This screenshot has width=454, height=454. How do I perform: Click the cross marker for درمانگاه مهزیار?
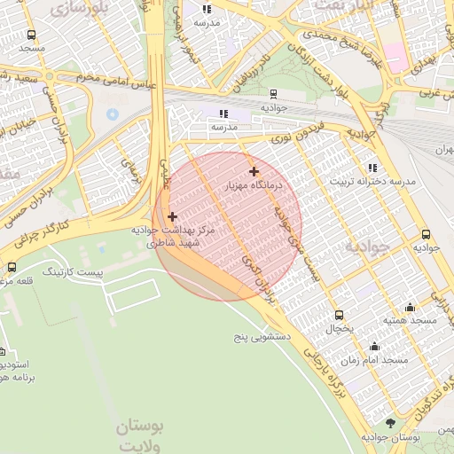coord(254,171)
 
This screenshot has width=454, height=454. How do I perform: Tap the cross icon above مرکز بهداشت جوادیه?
coord(172,216)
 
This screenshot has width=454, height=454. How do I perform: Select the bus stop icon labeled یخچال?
coord(339,315)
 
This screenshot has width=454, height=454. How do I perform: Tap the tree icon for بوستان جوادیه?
coord(390,424)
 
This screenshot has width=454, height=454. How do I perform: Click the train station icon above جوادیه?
coord(272,93)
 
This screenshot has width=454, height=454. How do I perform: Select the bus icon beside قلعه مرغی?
coord(12,267)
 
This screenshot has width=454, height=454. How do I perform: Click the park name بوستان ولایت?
coord(140,434)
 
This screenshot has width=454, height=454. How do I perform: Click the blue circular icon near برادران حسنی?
coord(112,114)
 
